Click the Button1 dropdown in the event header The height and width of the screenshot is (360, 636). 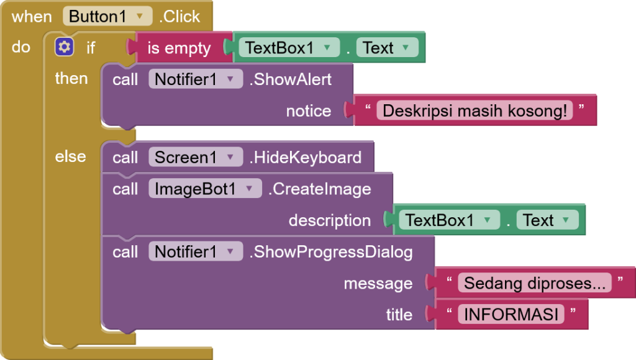tap(107, 17)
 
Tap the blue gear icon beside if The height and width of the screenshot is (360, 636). tap(64, 47)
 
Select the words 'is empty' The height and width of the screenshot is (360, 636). tap(179, 48)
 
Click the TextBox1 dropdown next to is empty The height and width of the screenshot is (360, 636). tap(289, 48)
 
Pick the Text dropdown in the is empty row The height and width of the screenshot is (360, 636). tap(387, 48)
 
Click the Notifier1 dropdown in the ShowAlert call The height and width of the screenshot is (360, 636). tap(196, 79)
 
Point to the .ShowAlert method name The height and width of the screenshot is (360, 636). tap(291, 79)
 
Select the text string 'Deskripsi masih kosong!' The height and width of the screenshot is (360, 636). tap(475, 110)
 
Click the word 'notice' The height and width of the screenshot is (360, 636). tap(309, 110)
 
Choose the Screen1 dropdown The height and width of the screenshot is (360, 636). tap(196, 157)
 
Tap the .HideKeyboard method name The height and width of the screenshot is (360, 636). tap(306, 157)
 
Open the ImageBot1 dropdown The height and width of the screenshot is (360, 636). tap(205, 189)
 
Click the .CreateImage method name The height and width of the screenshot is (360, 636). tap(320, 189)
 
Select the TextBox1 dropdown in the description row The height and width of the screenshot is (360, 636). tap(450, 220)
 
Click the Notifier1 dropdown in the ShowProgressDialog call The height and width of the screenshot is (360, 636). tap(196, 252)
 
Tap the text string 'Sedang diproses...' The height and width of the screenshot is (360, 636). tap(535, 283)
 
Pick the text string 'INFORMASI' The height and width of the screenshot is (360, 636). tap(511, 314)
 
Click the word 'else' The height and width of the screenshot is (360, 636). tap(71, 156)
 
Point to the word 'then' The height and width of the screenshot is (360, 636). tap(71, 78)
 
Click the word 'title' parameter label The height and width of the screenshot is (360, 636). tap(399, 315)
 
